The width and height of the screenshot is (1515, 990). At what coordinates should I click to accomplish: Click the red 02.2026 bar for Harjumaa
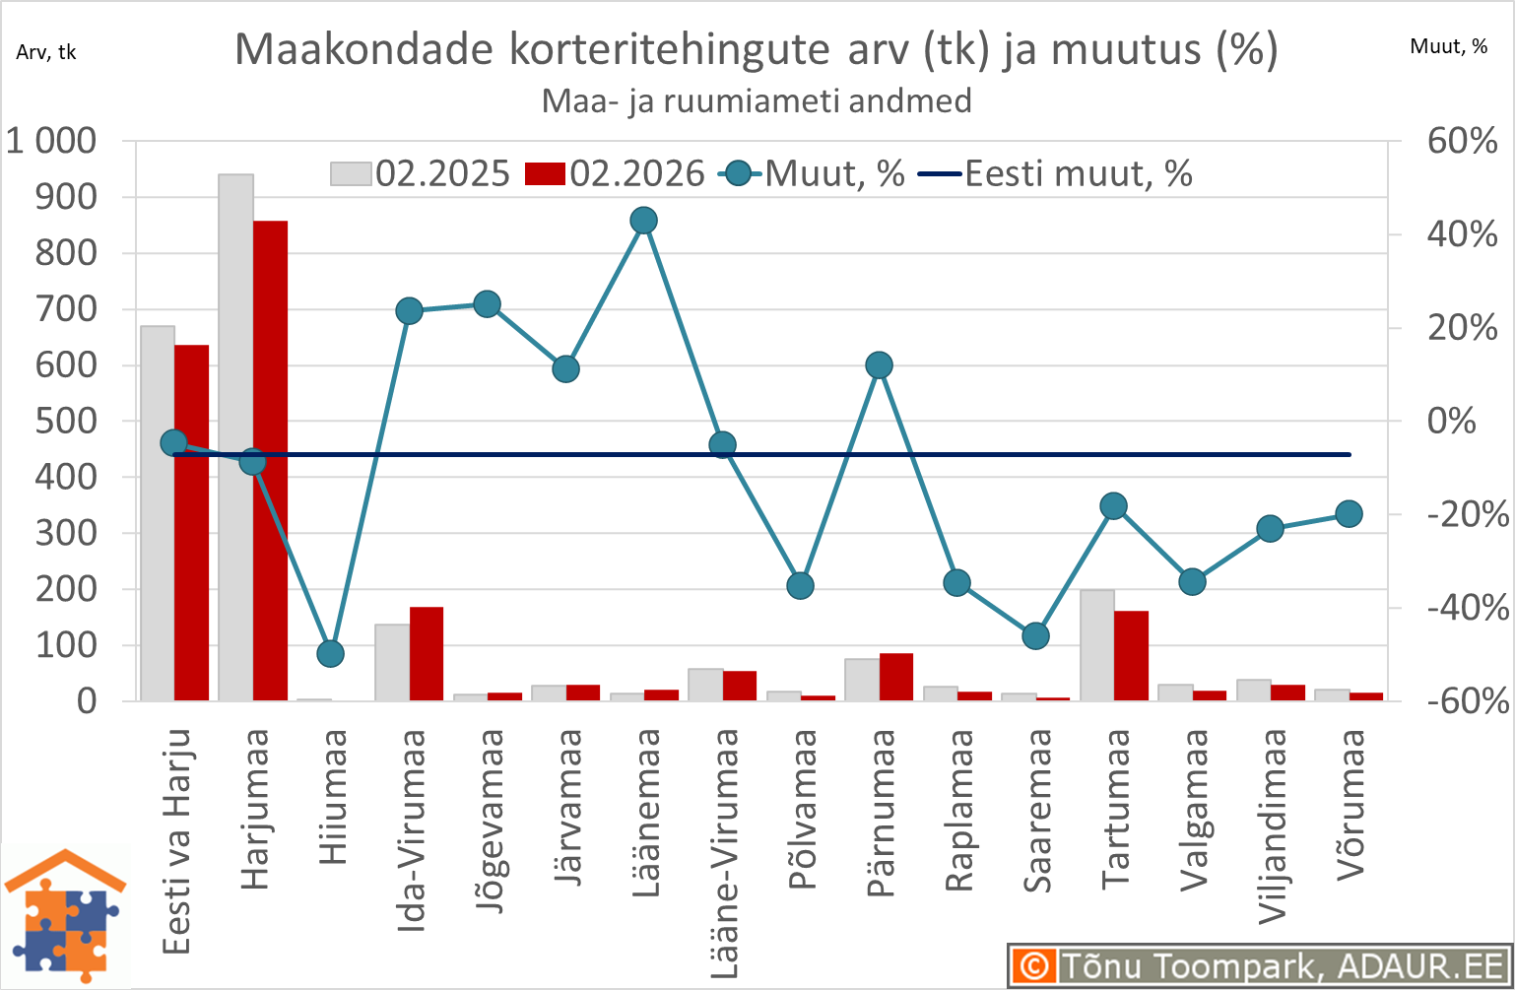270,461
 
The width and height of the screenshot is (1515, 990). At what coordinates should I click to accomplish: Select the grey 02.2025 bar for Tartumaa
1097,645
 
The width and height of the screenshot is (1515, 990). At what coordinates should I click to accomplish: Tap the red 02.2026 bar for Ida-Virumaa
427,653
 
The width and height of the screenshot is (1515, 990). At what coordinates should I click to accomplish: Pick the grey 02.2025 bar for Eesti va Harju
158,513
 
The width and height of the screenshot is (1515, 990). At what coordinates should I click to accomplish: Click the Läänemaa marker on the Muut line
643,221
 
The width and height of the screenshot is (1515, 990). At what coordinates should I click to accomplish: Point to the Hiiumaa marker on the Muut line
331,653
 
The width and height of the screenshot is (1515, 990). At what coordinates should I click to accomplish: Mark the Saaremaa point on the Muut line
1035,635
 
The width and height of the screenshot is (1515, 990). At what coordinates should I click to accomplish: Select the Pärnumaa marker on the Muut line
879,365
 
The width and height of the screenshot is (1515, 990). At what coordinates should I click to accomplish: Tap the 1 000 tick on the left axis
51,141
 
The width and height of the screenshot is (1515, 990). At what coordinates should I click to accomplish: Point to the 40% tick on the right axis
1462,234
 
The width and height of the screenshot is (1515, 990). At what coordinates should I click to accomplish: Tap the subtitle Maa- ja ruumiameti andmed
757,100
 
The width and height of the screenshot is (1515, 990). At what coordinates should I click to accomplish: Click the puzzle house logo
65,916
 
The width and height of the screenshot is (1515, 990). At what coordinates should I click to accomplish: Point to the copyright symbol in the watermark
1033,965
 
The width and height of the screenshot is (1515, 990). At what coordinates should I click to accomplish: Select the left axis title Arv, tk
46,52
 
